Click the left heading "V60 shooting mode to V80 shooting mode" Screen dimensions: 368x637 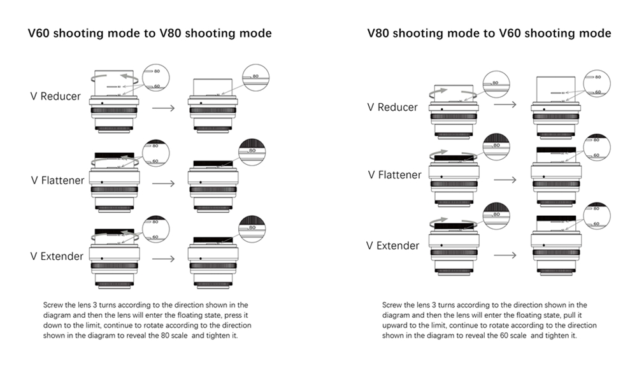pos(150,33)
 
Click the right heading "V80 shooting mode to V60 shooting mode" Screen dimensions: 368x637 pos(489,33)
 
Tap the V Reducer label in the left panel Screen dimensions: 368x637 pos(56,96)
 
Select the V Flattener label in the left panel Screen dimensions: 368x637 pos(58,180)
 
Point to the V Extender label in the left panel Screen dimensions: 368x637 pos(57,256)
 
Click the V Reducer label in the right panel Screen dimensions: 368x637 pos(392,107)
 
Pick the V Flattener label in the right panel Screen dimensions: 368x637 pos(394,174)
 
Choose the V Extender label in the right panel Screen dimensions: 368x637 pos(393,245)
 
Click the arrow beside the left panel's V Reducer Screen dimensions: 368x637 pos(164,108)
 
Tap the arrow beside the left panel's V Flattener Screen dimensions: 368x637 pos(164,184)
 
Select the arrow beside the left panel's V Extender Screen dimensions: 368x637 pos(164,259)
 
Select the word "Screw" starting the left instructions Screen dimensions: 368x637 pos(53,305)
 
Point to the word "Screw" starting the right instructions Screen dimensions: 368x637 pos(392,305)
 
